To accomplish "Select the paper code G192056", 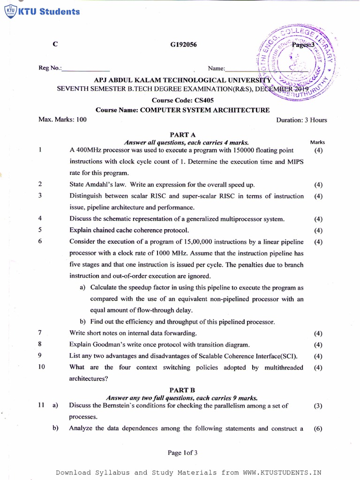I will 183,45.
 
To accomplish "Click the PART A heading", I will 183,135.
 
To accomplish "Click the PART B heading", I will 182,390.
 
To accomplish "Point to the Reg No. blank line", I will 86,68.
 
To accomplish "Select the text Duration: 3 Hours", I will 301,120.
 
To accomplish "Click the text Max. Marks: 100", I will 62,120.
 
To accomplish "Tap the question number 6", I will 41,242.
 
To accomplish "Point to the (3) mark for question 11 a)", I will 318,406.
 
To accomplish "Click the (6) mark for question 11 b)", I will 318,428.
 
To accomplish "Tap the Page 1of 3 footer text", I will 183,453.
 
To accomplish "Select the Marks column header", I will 317,142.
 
